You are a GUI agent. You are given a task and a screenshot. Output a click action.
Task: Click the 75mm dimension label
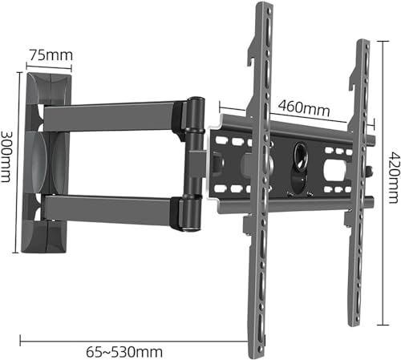tap(51, 55)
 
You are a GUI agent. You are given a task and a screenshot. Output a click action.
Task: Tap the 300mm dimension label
tap(6, 156)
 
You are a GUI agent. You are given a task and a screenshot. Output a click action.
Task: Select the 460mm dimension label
tap(304, 107)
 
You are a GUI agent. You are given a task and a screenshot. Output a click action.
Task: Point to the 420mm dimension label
tap(395, 177)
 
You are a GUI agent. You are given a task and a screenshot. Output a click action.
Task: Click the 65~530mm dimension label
tap(124, 352)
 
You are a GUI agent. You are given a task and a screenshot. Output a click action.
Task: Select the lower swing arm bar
tap(110, 209)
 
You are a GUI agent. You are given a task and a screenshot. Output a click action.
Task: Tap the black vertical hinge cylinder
tap(196, 164)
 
